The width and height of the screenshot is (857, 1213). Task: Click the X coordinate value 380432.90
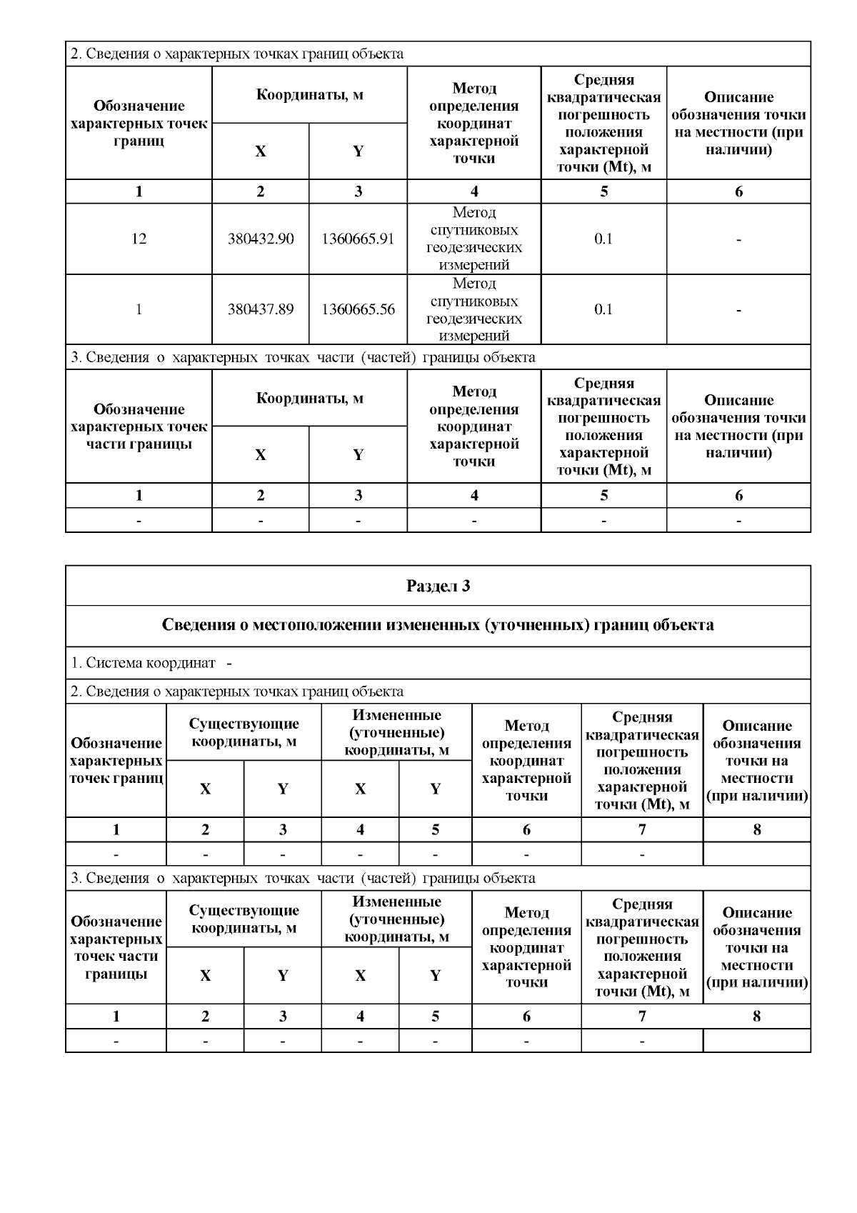point(261,239)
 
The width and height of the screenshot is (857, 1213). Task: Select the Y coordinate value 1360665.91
point(358,239)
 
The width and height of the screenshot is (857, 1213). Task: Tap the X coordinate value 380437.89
point(261,309)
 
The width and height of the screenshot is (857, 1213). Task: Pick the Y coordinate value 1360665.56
point(358,309)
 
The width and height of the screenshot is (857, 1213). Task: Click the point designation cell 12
point(139,239)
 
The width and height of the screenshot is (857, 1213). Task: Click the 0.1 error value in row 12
point(603,239)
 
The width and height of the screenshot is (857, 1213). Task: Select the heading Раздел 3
point(438,586)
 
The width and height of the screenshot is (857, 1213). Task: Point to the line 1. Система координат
point(151,663)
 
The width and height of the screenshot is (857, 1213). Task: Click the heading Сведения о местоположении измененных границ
point(438,625)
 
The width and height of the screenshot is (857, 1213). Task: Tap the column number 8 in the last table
point(757,1016)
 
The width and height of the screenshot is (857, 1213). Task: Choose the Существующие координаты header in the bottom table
point(244,919)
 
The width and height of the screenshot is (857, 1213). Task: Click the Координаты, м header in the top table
point(309,95)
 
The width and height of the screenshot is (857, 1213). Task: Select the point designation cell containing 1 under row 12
point(139,309)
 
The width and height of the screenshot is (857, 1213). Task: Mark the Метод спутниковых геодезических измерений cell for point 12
point(473,239)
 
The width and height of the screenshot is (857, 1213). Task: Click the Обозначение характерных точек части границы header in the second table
point(139,426)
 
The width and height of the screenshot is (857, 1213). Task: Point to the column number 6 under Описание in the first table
point(738,191)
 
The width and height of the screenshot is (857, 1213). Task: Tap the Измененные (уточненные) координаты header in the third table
point(396,732)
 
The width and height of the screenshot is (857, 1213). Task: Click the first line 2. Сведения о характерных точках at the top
point(236,54)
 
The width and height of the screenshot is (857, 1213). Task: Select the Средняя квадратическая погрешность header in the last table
point(642,947)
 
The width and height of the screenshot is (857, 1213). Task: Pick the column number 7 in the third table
point(642,829)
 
